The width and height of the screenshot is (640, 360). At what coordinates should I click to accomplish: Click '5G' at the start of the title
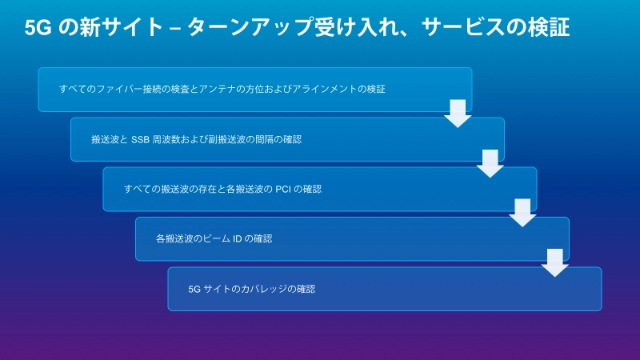click(x=38, y=28)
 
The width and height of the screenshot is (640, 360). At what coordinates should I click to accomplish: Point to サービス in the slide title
click(x=463, y=27)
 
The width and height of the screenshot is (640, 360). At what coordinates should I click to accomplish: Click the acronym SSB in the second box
click(x=140, y=139)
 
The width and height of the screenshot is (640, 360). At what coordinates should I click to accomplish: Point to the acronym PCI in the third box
click(x=283, y=190)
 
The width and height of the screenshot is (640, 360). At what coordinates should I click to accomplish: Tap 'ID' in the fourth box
click(x=237, y=239)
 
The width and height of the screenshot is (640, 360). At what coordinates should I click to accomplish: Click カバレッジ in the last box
click(x=264, y=289)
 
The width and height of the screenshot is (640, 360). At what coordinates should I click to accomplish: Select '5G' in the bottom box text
click(x=194, y=290)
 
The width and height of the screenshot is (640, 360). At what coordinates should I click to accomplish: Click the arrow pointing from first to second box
click(x=458, y=114)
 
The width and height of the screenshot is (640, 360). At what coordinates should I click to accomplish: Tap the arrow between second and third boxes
click(x=490, y=163)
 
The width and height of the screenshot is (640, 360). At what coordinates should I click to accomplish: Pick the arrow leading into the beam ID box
click(x=522, y=213)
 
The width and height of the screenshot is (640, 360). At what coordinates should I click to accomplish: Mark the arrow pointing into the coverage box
click(x=554, y=263)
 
